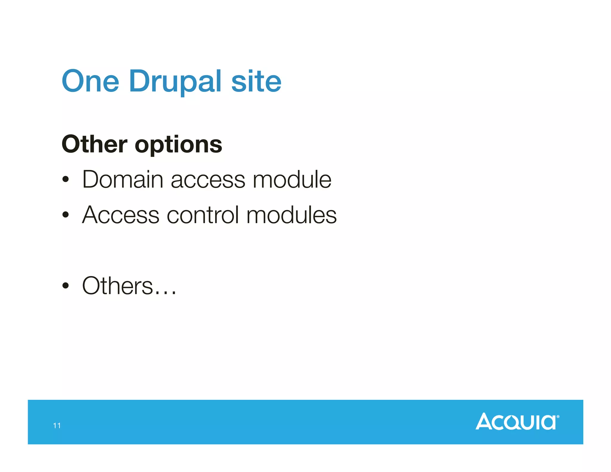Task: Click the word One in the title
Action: point(90,81)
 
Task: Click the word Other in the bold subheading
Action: point(94,144)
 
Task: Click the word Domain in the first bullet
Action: point(122,179)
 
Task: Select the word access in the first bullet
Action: point(208,180)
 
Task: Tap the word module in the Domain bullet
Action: point(292,179)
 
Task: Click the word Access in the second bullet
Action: point(121,215)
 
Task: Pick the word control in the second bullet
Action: point(203,215)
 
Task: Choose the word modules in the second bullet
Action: point(291,215)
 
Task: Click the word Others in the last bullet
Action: point(118,286)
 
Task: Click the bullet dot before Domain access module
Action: point(66,180)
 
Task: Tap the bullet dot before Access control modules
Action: point(66,215)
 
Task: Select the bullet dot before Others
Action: point(66,286)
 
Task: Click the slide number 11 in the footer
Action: point(57,425)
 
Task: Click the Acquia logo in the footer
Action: point(516,422)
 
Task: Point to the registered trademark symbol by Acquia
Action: point(558,417)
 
